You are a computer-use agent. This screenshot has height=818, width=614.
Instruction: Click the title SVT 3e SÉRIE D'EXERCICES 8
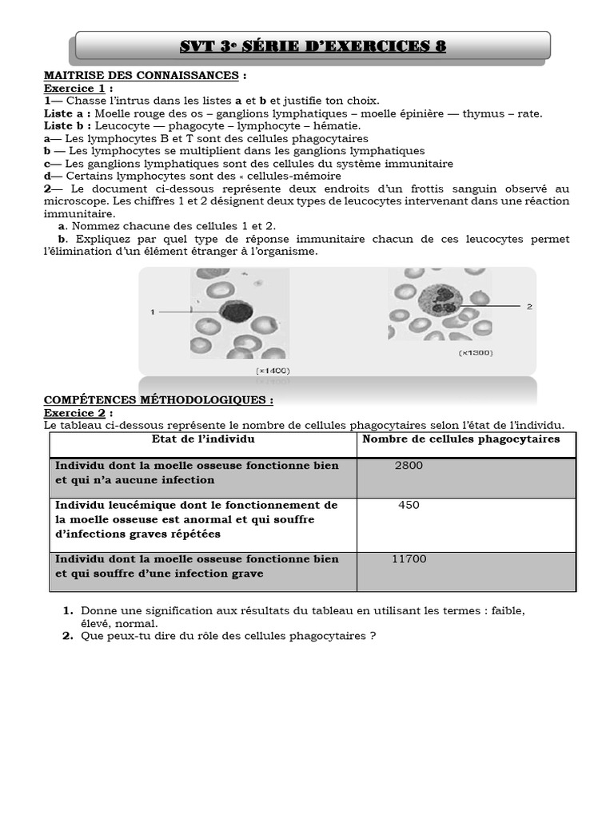click(x=313, y=46)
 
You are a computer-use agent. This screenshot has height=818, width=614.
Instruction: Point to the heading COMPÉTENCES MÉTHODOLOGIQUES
click(x=157, y=400)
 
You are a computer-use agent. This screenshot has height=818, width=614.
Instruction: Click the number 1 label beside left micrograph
click(x=152, y=312)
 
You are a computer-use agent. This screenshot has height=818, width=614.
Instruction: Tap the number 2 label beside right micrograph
click(x=528, y=306)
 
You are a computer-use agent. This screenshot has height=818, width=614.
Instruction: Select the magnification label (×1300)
click(x=475, y=352)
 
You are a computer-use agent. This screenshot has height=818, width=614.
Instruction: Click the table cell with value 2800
click(x=409, y=466)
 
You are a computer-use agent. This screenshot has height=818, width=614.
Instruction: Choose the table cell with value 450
click(x=409, y=506)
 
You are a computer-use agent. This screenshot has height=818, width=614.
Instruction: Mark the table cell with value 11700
click(x=409, y=559)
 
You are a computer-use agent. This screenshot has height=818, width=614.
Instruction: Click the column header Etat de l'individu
click(x=203, y=439)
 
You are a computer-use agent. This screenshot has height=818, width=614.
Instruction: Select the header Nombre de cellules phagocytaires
click(x=461, y=439)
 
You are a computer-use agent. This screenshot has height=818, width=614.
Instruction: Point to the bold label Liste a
click(x=67, y=114)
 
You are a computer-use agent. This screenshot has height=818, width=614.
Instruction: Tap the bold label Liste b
click(x=67, y=126)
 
